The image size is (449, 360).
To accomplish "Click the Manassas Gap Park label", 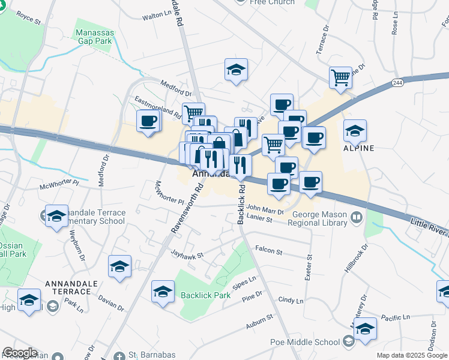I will pos(94,37).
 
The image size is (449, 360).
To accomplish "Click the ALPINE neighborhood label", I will pos(358,148).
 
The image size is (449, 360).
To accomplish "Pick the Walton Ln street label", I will pos(157,17).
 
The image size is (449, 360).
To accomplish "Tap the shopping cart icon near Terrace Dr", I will pos(340,77).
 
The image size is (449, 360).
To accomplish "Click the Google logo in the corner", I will pos(20,353).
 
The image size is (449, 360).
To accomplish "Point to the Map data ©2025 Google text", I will pos(412,356).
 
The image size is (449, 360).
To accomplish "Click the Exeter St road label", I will pos(310,265).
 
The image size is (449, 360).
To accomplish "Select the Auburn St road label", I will pos(259,328).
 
